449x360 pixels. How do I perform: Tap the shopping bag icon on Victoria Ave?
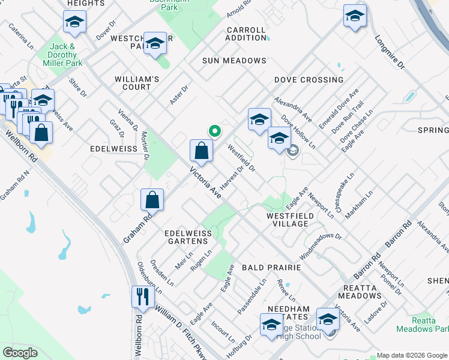click(202, 150)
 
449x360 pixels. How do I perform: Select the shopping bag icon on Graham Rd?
click(152, 200)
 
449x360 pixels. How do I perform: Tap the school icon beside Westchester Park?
click(155, 43)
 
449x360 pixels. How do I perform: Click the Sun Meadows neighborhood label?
click(234, 61)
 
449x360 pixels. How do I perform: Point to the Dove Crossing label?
click(309, 80)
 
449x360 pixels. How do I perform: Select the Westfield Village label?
click(288, 219)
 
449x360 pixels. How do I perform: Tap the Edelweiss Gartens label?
click(190, 236)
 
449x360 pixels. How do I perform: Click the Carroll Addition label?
click(247, 34)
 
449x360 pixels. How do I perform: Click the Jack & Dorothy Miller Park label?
click(66, 54)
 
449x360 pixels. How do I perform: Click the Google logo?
click(21, 353)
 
